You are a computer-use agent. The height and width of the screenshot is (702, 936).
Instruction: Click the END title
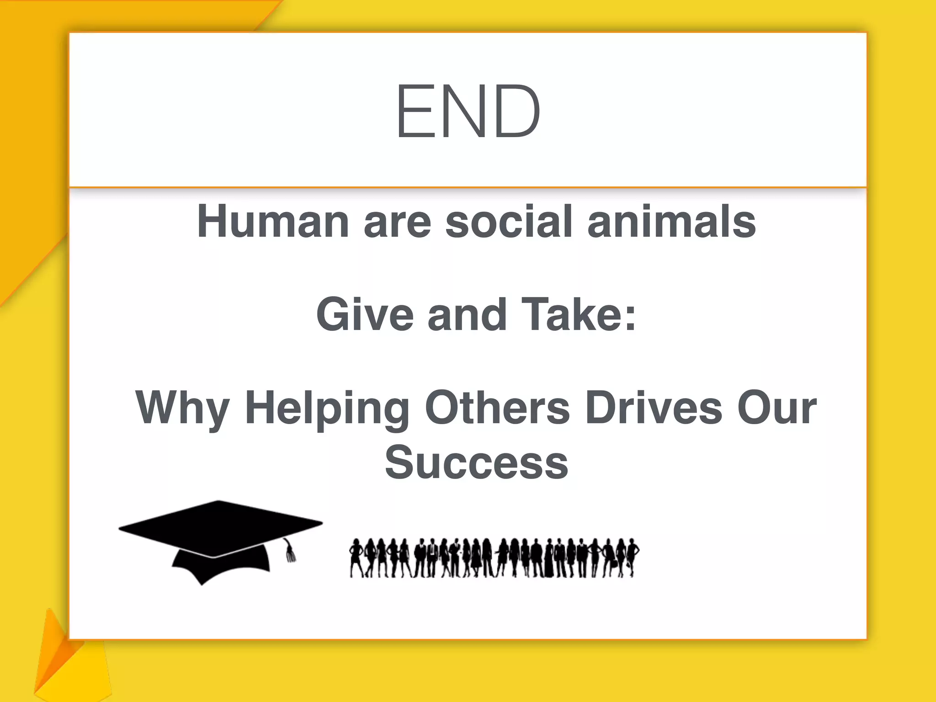click(x=468, y=111)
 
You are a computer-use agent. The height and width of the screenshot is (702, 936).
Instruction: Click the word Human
click(x=273, y=222)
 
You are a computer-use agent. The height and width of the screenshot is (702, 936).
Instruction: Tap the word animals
click(x=671, y=222)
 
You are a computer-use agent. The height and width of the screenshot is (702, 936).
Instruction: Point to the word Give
click(x=365, y=314)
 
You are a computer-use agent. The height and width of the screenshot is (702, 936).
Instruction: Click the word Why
click(x=182, y=408)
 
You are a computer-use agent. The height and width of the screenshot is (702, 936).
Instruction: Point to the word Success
click(x=477, y=463)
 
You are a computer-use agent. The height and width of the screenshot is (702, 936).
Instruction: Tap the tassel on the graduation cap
click(x=289, y=552)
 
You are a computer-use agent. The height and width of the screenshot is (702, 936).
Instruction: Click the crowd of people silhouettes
click(x=494, y=558)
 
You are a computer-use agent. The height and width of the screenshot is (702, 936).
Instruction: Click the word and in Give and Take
click(x=467, y=314)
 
